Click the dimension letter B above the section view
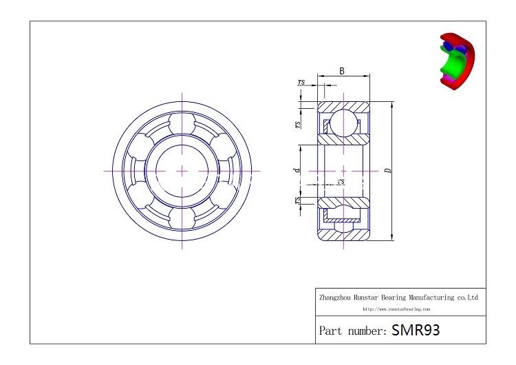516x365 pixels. pos(342,71)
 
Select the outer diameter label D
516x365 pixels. pos(388,171)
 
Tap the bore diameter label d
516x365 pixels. pos(297,170)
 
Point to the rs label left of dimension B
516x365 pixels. pos(301,82)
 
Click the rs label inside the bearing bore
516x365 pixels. pos(341,181)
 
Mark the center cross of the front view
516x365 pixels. pos(182,170)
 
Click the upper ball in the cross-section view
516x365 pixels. pos(343,125)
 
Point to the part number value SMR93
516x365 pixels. pos(416,330)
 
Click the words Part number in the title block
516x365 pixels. pos(352,331)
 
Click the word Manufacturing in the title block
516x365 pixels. pos(434,298)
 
